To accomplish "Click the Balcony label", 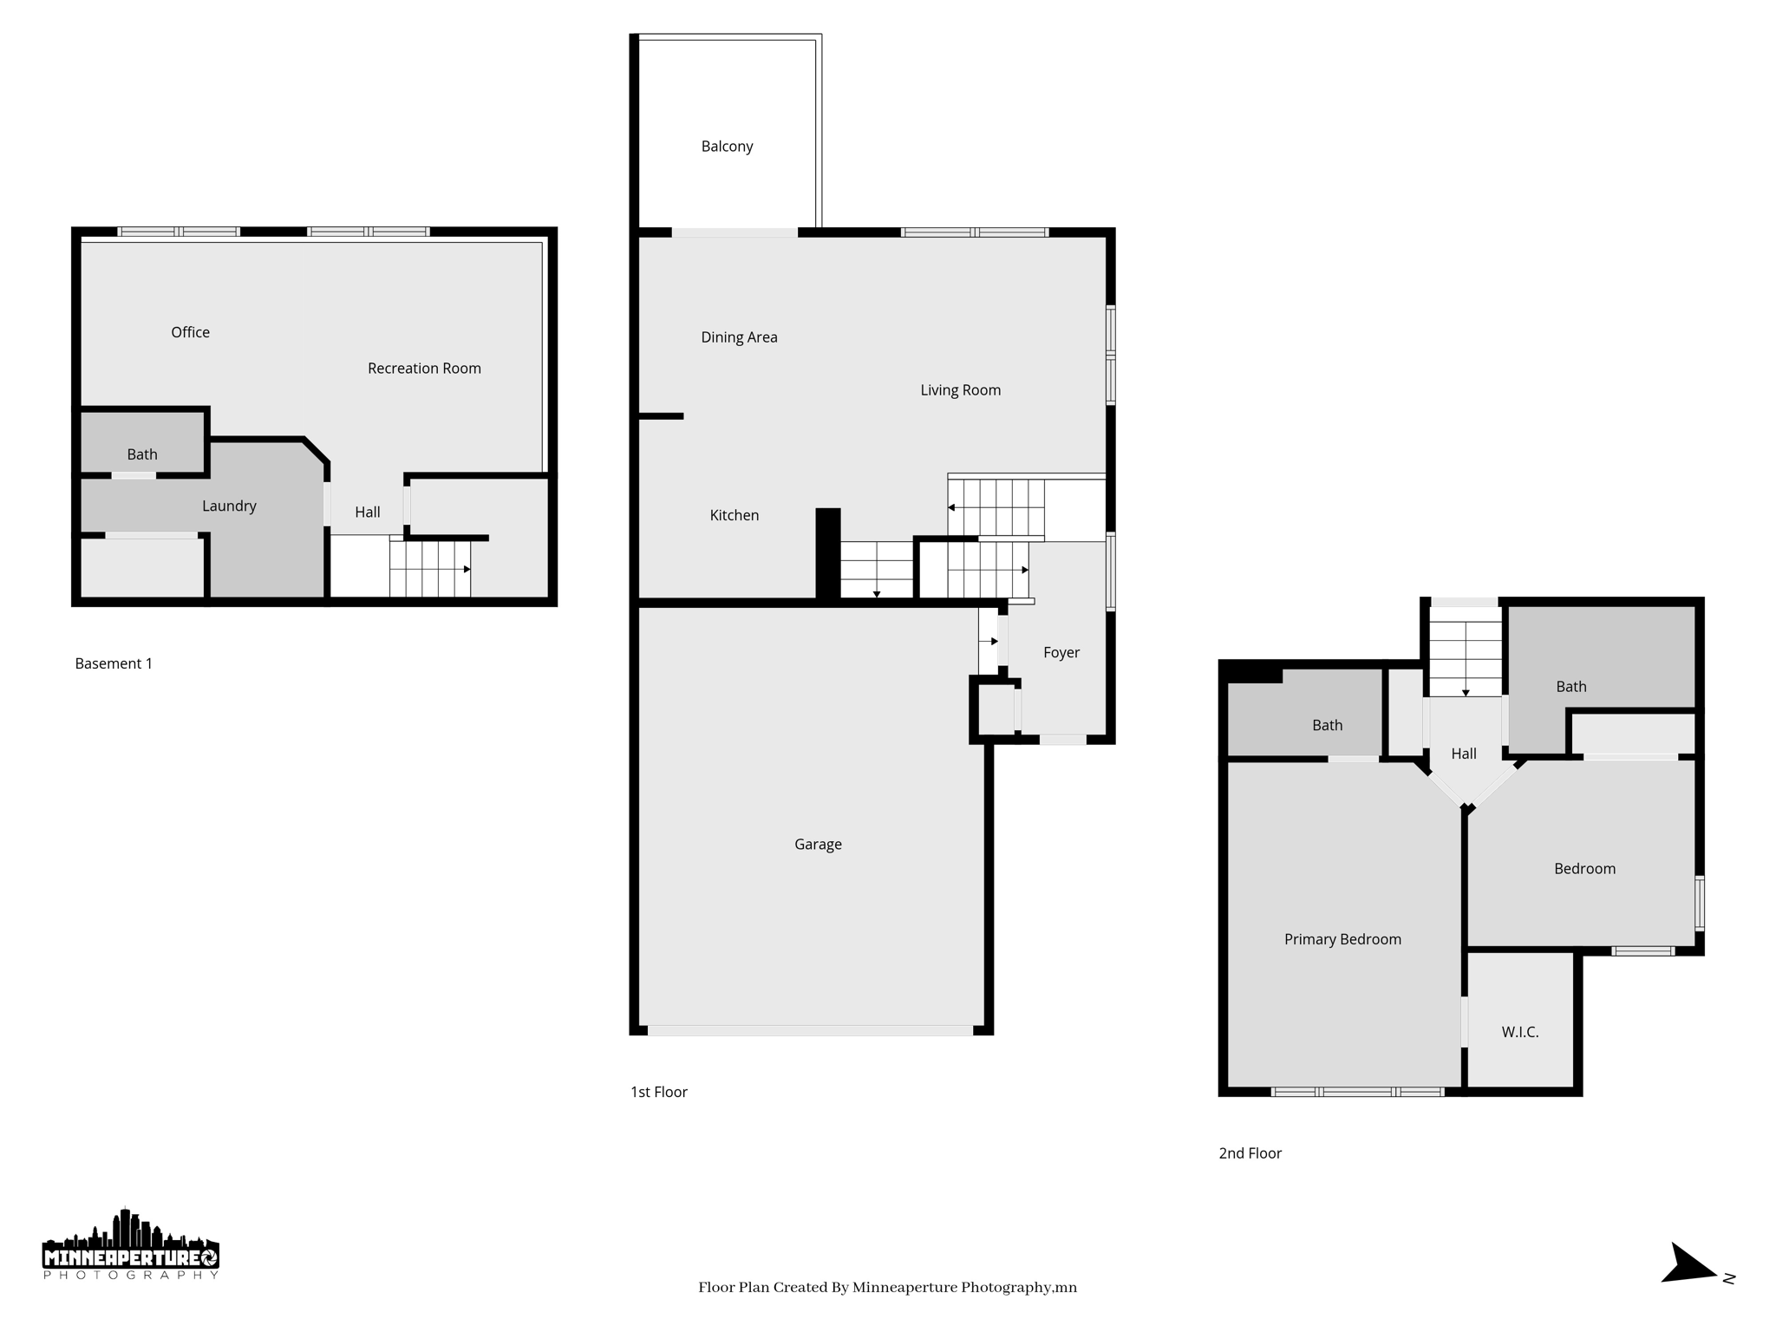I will [727, 147].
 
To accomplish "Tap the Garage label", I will [818, 845].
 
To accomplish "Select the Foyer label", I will [1061, 653].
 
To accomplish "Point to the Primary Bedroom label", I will [1342, 939].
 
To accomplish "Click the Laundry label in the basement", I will [229, 506].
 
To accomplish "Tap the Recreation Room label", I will [424, 369].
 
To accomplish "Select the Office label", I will [190, 333].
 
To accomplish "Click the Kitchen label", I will [734, 515].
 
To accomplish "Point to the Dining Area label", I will [739, 337].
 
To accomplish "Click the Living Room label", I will [960, 390].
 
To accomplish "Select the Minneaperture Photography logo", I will [130, 1245].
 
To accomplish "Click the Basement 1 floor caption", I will [114, 664].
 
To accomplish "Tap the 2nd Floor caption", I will [1250, 1153].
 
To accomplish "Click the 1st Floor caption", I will [658, 1093].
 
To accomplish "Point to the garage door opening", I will [810, 1031].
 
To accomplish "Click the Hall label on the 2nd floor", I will [1463, 754].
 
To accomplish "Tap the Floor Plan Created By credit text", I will [887, 1288].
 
